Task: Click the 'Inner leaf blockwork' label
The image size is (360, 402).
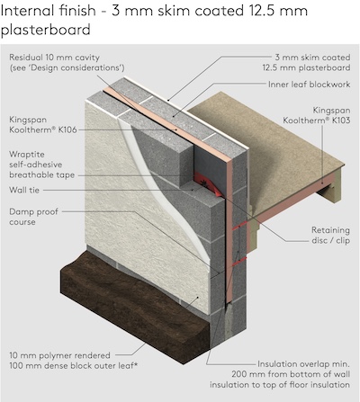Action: click(x=309, y=85)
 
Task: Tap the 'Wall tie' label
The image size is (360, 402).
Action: click(x=24, y=190)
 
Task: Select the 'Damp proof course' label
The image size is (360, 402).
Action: click(x=33, y=217)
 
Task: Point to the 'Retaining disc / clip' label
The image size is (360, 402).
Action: click(x=330, y=236)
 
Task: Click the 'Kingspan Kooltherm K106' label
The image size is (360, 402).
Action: click(x=43, y=125)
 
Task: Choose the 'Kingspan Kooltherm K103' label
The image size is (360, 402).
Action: click(x=317, y=115)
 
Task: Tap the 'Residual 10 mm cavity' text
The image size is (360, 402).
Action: click(x=54, y=58)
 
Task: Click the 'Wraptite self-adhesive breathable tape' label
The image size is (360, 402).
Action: click(x=41, y=165)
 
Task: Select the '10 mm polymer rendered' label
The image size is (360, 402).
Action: click(x=59, y=355)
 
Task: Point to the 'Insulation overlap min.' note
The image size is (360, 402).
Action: click(x=303, y=364)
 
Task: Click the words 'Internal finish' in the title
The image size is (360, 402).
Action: click(x=49, y=11)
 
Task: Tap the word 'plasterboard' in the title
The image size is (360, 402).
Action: click(x=46, y=30)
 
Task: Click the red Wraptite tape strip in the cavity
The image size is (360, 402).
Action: click(x=209, y=183)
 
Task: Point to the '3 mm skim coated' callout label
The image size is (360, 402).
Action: click(x=312, y=58)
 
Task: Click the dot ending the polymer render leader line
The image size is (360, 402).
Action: click(x=198, y=298)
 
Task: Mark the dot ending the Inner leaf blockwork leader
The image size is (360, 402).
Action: click(x=173, y=115)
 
